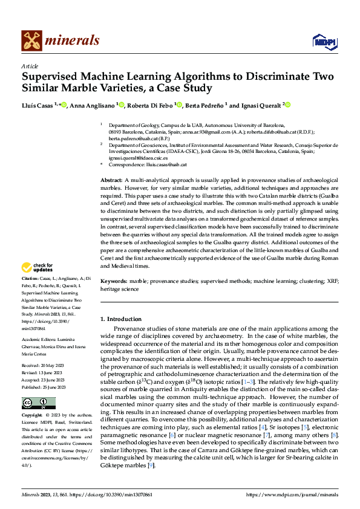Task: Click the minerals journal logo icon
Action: pyautogui.click(x=31, y=41)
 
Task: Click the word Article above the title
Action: pyautogui.click(x=29, y=66)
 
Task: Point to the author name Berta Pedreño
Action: pyautogui.click(x=207, y=105)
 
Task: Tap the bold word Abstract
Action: pyautogui.click(x=111, y=181)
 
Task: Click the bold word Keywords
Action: pyautogui.click(x=114, y=282)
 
